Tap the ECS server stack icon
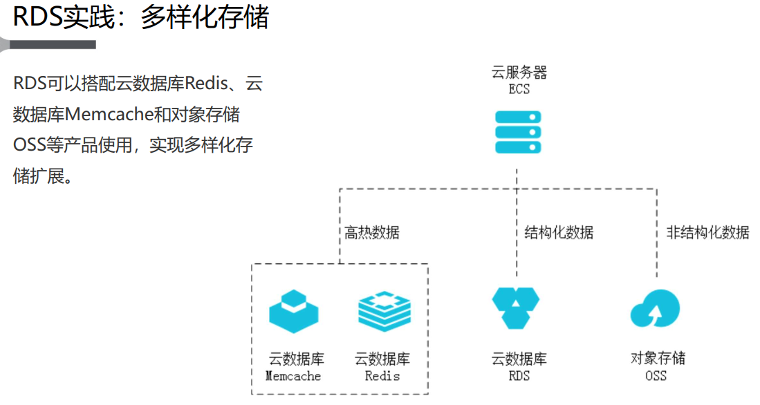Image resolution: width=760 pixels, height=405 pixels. pos(518,131)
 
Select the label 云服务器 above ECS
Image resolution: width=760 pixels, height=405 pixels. pos(519,73)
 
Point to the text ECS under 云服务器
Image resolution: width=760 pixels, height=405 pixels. pos(519,89)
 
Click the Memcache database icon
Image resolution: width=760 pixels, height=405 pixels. pos(294,312)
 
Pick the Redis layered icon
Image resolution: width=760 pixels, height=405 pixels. pos(384,312)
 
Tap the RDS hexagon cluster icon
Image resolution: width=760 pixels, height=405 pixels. pos(516,307)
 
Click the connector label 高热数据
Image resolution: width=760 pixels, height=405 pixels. pos(372,232)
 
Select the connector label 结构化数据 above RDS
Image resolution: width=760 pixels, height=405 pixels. pos(559,232)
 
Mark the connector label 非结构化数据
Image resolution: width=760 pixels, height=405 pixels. pos(707,232)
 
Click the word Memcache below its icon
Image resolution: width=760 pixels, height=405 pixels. pos(293,377)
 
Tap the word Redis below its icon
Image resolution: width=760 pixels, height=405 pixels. pos(382,377)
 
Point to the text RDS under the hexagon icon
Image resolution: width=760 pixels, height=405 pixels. pos(519,377)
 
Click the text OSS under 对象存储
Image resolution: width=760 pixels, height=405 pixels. pos(656,377)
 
